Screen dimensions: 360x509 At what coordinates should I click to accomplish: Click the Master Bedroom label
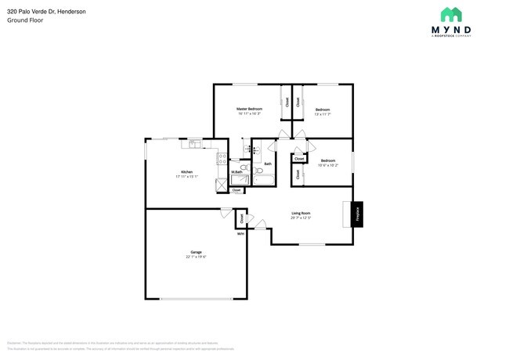pos(250,109)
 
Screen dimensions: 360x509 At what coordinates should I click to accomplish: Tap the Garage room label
pos(195,252)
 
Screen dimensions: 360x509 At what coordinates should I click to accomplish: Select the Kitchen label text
pos(186,172)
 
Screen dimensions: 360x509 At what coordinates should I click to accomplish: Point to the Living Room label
pos(301,213)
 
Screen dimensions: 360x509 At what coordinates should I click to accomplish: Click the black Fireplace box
pos(357,214)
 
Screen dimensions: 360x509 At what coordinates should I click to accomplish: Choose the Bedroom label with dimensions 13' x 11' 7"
pos(322,110)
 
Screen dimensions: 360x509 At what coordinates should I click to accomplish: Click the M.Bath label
pos(236,172)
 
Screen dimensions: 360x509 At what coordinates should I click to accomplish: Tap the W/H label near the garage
pos(240,233)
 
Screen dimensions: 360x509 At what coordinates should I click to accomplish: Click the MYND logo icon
pos(450,14)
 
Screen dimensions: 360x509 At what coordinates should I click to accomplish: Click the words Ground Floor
pos(25,20)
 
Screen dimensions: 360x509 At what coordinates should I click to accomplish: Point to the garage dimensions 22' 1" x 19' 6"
pos(195,257)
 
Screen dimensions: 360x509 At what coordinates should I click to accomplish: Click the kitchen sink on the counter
pos(193,144)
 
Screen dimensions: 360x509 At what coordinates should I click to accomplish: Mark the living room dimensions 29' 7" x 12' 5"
pos(301,218)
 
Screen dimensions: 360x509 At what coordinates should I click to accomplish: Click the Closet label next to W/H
pos(241,219)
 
